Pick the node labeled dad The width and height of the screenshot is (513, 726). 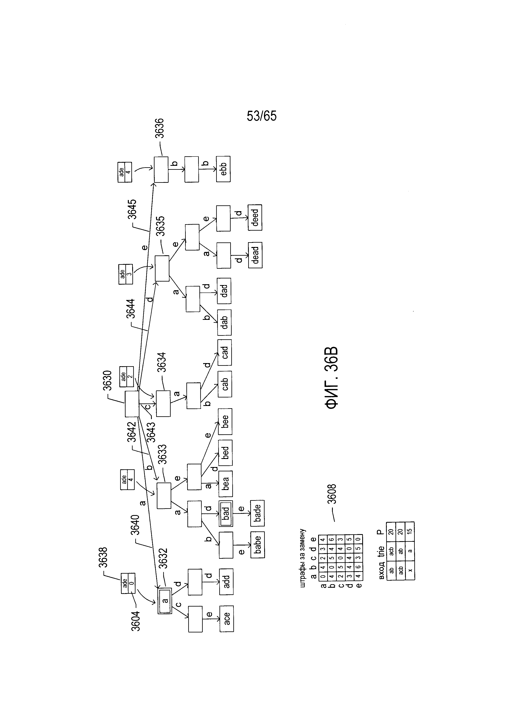coord(224,291)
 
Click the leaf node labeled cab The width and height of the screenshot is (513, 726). coord(225,384)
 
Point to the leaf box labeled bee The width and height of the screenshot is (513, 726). coord(225,421)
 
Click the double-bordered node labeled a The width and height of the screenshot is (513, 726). coord(165,601)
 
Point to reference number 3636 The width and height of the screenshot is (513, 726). coord(159,128)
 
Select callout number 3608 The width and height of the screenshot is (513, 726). coord(332,494)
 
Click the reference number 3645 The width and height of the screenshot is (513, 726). coord(132,209)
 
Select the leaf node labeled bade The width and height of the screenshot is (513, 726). coord(258,513)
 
